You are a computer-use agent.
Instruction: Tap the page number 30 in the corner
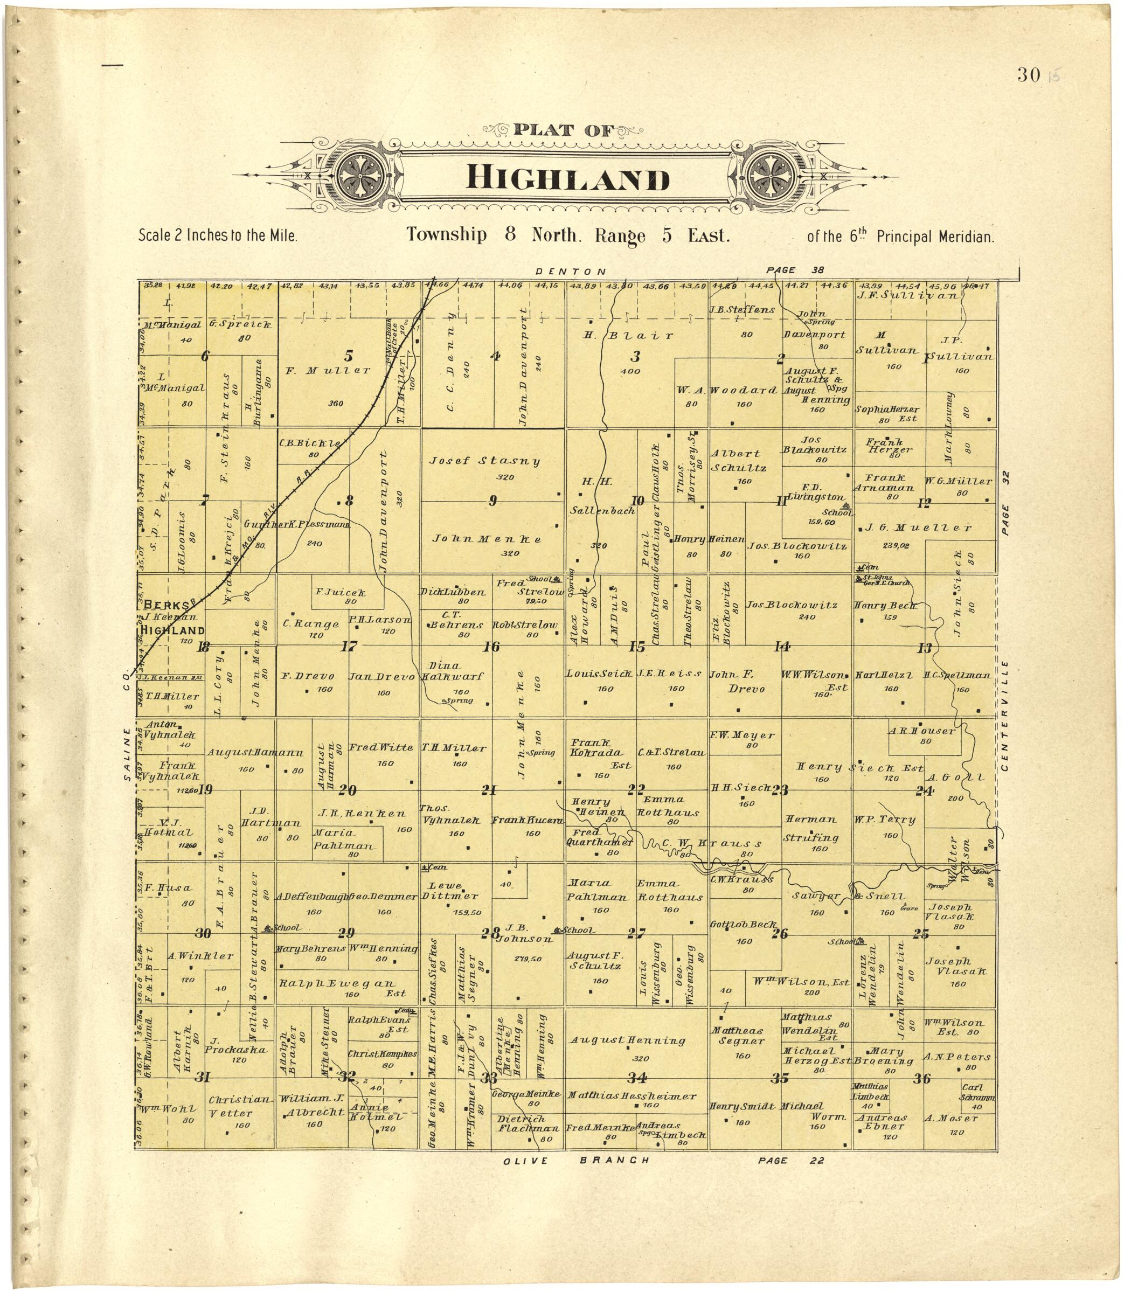[x=1030, y=76]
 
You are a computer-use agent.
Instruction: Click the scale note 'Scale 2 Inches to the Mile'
[x=217, y=237]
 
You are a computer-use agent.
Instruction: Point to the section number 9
[x=493, y=501]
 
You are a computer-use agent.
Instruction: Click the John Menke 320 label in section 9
[x=487, y=539]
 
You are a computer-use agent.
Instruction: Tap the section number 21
[x=489, y=790]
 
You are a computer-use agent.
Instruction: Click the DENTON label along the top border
[x=570, y=272]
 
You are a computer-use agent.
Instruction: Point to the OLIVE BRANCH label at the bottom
[x=576, y=1161]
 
